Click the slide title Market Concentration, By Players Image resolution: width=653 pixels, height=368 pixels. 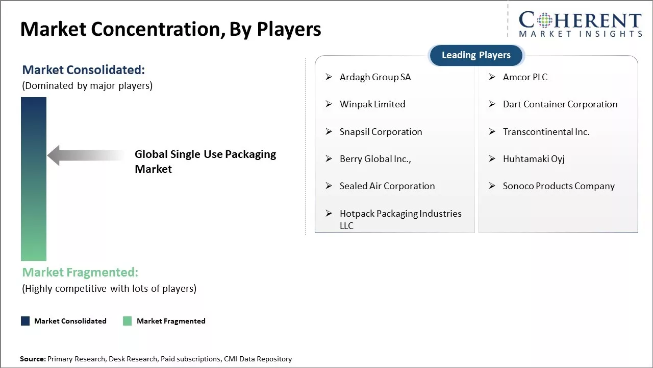click(x=170, y=29)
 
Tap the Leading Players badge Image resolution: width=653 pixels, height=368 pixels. click(x=476, y=55)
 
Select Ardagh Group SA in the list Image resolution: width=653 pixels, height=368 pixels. click(x=375, y=77)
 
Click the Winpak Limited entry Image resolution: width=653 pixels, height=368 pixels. click(x=372, y=104)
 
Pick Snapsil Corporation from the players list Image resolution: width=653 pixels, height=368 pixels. click(x=381, y=132)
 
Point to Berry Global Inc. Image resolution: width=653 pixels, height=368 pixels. click(x=375, y=159)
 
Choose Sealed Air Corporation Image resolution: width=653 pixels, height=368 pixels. click(x=387, y=186)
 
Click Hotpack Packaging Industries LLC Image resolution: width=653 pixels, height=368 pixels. click(x=400, y=219)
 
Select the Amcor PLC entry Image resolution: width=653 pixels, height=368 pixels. click(x=525, y=77)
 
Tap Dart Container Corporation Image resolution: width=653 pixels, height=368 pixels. click(x=560, y=104)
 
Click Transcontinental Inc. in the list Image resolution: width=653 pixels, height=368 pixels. click(x=546, y=132)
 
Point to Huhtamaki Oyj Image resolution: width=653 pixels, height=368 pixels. click(x=534, y=159)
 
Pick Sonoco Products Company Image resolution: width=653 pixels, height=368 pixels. click(x=559, y=186)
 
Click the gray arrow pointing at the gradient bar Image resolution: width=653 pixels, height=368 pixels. click(x=84, y=155)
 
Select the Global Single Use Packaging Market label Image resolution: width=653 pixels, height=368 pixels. click(x=205, y=162)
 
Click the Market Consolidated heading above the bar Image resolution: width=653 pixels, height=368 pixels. click(x=83, y=70)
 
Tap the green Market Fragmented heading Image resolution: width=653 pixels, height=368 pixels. click(x=80, y=272)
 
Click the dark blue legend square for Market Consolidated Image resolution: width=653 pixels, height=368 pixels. click(x=25, y=321)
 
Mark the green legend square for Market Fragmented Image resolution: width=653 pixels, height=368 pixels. click(x=128, y=321)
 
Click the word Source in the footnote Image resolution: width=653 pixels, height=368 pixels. click(x=33, y=359)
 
